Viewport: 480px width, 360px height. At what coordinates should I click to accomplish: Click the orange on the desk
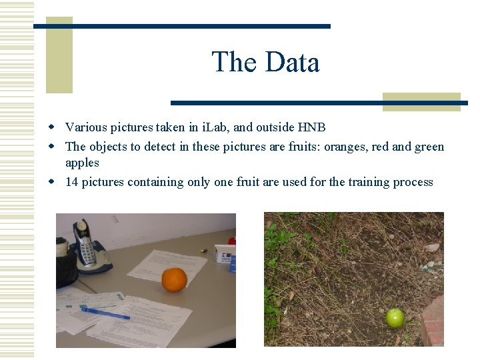pos(174,279)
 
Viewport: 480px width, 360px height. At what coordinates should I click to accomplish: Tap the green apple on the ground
pos(395,317)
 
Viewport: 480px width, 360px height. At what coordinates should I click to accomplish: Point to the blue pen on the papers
pos(105,313)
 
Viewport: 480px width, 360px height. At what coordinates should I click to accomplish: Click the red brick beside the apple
pos(433,320)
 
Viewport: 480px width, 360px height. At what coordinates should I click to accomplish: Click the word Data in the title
pos(292,63)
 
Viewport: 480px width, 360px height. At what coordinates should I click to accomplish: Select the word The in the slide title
pos(233,63)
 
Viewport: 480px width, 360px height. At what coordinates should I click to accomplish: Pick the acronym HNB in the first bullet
pos(311,127)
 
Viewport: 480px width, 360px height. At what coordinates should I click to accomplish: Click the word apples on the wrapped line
pos(82,163)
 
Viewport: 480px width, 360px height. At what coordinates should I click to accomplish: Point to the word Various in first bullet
pos(85,127)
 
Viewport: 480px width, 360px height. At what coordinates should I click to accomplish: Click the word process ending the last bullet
pos(413,182)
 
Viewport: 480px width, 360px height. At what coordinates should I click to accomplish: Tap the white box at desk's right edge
pos(225,253)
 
